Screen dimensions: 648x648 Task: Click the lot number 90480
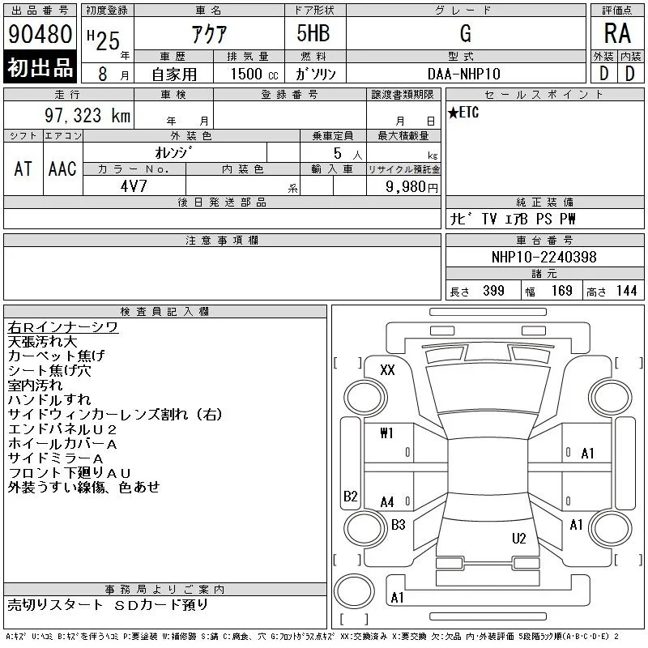pyautogui.click(x=40, y=34)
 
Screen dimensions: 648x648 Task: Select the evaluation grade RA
pyautogui.click(x=617, y=33)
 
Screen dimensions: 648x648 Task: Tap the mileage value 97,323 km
pyautogui.click(x=87, y=115)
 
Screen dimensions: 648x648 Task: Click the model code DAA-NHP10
pyautogui.click(x=463, y=74)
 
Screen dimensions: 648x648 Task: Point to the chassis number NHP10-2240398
pyautogui.click(x=544, y=257)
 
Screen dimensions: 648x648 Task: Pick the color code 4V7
pyautogui.click(x=134, y=186)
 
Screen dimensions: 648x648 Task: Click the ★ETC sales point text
pyautogui.click(x=463, y=113)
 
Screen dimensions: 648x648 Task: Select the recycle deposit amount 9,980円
pyautogui.click(x=411, y=187)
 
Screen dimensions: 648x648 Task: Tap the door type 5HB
pyautogui.click(x=313, y=33)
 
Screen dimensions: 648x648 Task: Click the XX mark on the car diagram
pyautogui.click(x=387, y=370)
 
